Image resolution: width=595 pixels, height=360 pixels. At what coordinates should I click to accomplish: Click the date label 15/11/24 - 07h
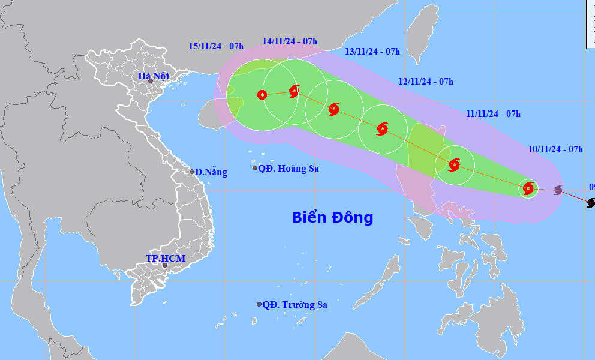pyautogui.click(x=216, y=46)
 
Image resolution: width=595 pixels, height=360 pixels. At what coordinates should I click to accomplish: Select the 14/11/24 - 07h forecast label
pyautogui.click(x=290, y=41)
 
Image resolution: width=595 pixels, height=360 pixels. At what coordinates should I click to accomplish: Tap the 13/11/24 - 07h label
pyautogui.click(x=372, y=52)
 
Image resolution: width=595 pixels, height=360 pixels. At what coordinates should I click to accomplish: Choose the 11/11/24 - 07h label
pyautogui.click(x=493, y=114)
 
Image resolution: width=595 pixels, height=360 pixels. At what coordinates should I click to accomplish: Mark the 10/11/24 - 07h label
pyautogui.click(x=555, y=149)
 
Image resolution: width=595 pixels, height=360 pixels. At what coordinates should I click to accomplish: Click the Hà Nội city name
pyautogui.click(x=154, y=76)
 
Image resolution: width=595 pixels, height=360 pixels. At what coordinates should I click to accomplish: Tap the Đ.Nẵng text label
pyautogui.click(x=211, y=172)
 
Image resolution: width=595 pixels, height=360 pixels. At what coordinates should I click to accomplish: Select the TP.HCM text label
pyautogui.click(x=166, y=258)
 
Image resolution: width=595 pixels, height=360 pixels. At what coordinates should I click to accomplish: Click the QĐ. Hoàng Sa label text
pyautogui.click(x=289, y=169)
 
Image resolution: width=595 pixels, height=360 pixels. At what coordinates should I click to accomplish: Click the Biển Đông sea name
pyautogui.click(x=332, y=217)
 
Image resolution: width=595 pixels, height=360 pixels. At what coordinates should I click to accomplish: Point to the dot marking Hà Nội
pyautogui.click(x=151, y=82)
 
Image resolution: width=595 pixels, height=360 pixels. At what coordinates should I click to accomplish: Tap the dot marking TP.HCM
pyautogui.click(x=165, y=265)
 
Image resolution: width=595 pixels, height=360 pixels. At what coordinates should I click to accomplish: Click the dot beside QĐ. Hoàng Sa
pyautogui.click(x=255, y=168)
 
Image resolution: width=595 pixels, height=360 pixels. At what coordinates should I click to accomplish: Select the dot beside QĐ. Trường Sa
pyautogui.click(x=259, y=304)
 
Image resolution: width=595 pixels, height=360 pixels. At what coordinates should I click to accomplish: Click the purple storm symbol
pyautogui.click(x=558, y=190)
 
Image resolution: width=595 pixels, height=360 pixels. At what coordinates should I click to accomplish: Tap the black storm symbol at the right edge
pyautogui.click(x=591, y=203)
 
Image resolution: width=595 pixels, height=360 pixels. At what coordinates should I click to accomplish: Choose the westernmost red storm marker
pyautogui.click(x=262, y=94)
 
